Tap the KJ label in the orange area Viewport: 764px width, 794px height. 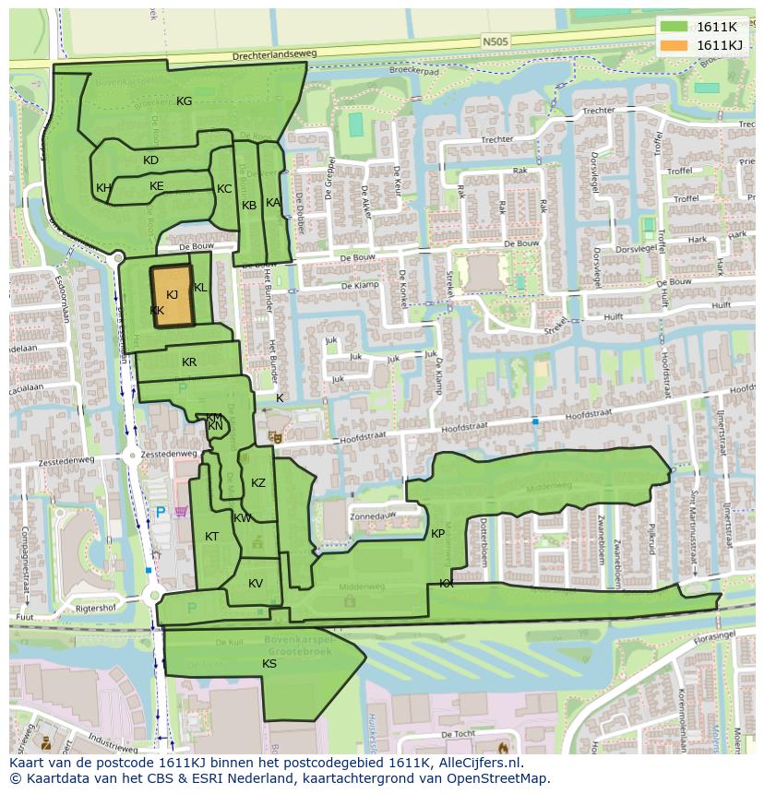[x=172, y=294]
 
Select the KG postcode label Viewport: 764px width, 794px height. [x=184, y=101]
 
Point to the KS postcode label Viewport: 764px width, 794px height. [x=269, y=663]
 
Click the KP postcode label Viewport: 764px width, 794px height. [x=437, y=534]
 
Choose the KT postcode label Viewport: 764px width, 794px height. [x=212, y=537]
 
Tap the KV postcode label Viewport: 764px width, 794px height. [x=256, y=584]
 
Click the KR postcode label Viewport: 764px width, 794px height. [x=189, y=362]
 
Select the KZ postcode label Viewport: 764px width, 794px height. [x=258, y=483]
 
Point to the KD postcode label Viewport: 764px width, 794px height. [x=151, y=160]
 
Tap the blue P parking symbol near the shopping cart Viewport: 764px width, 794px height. [x=160, y=512]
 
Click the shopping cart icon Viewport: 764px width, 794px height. [x=182, y=510]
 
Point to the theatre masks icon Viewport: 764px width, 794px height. [x=274, y=435]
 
